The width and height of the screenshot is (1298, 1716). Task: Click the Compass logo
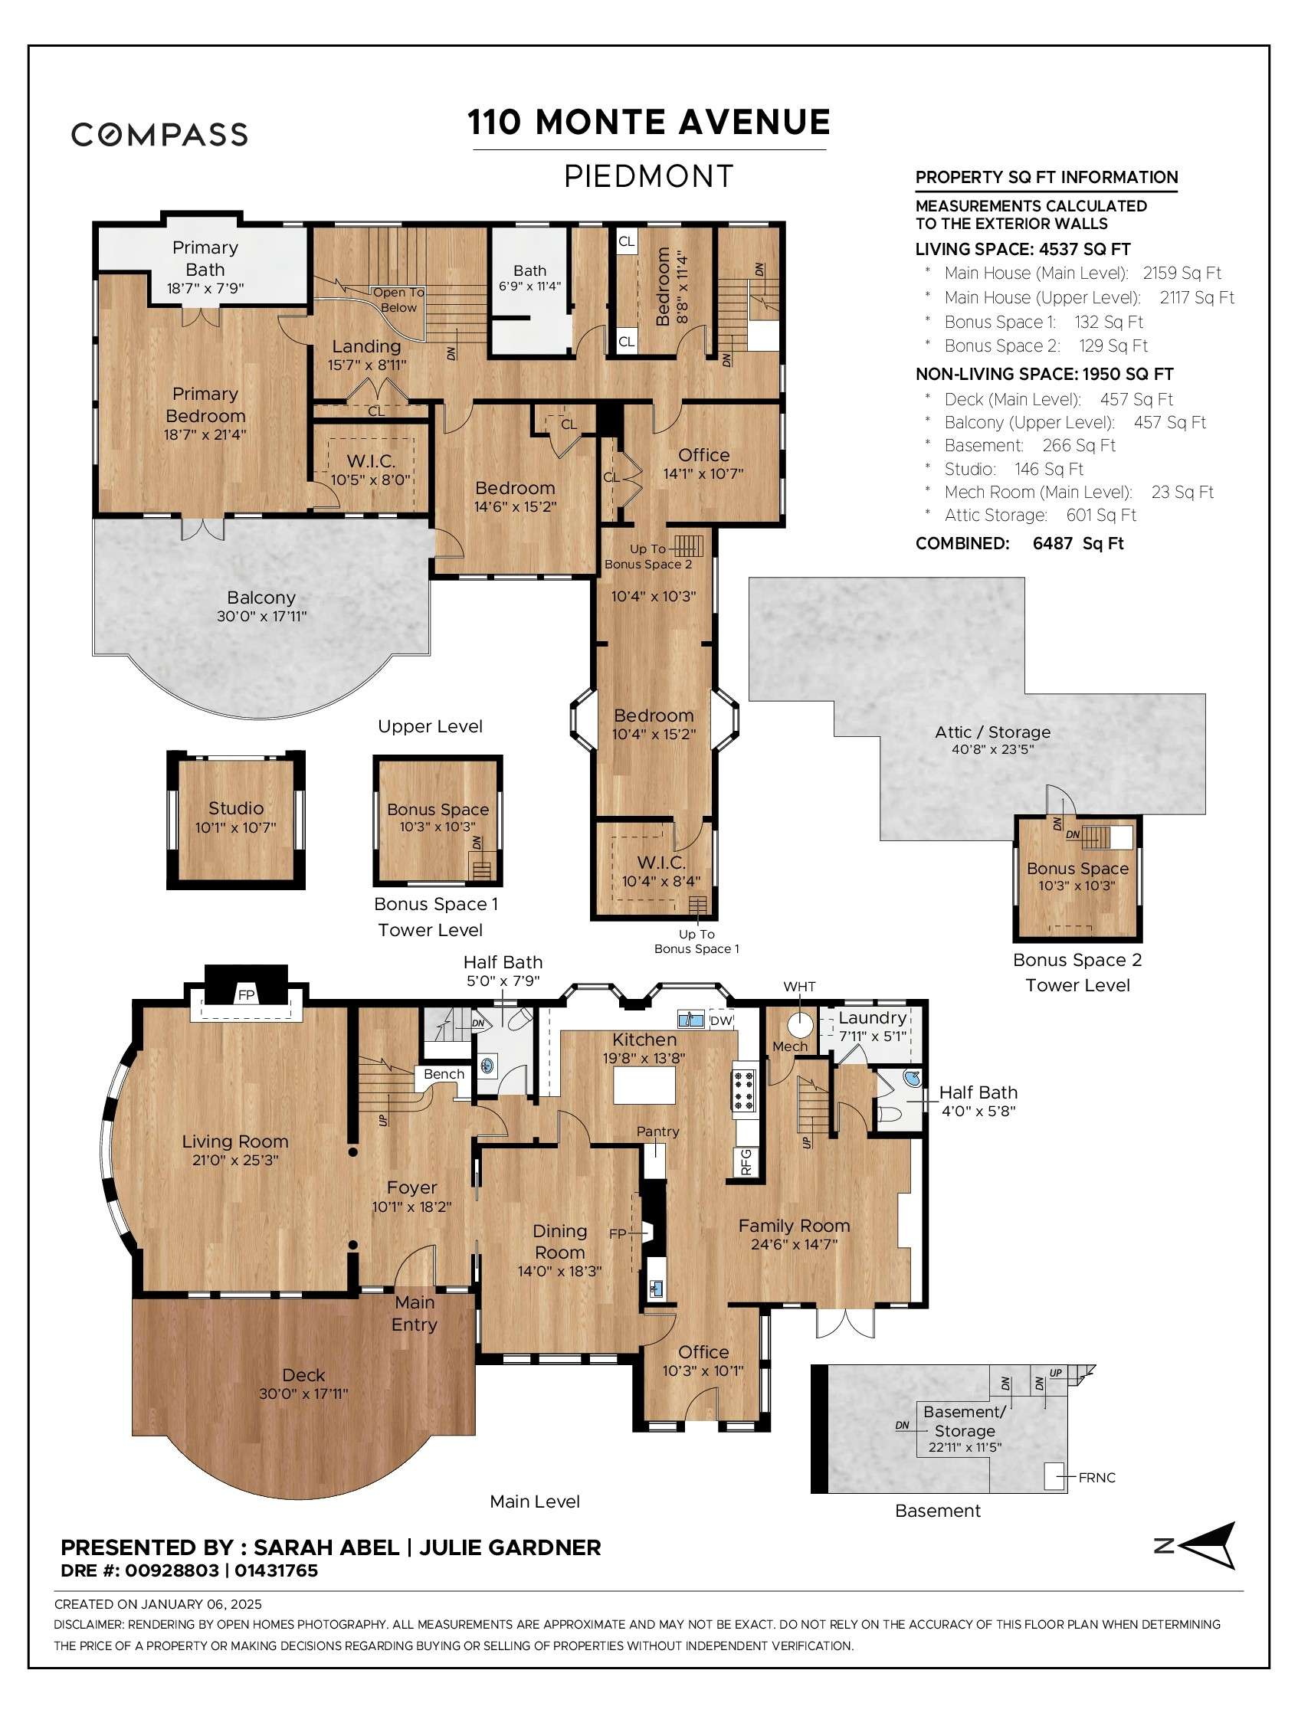point(159,134)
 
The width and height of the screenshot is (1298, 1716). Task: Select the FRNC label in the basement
point(1096,1478)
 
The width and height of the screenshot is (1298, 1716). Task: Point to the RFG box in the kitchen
point(746,1161)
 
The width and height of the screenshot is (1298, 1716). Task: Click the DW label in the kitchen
point(721,1020)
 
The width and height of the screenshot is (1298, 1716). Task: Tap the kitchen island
point(644,1085)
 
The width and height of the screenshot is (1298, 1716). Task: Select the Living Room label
point(235,1141)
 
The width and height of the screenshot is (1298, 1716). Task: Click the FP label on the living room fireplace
point(246,994)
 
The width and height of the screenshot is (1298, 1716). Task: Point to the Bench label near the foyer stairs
point(444,1074)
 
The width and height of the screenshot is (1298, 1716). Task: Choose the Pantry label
point(658,1131)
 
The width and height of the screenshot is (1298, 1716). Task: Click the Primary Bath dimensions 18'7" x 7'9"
point(205,289)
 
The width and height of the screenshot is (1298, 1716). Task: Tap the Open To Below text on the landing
point(398,300)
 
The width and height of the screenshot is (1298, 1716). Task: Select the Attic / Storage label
point(992,732)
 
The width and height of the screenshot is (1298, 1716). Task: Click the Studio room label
point(235,807)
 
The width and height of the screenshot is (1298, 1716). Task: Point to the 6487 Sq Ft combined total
point(1077,543)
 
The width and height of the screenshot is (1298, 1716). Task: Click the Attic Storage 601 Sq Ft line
point(1040,515)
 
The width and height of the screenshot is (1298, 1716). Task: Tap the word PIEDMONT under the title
point(647,176)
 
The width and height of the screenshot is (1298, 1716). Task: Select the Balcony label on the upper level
point(261,598)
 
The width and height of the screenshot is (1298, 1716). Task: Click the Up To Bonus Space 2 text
point(647,556)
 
